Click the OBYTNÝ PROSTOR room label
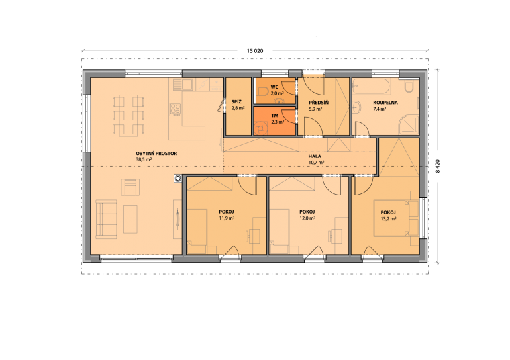tap(156, 154)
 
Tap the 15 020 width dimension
tap(255, 51)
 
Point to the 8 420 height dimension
tap(438, 166)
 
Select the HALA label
tap(315, 156)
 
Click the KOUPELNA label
tap(385, 103)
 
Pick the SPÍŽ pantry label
tap(237, 102)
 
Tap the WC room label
tap(274, 87)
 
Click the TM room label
tap(274, 116)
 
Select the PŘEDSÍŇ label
tap(319, 103)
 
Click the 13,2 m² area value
tap(388, 218)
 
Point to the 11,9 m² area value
tap(227, 218)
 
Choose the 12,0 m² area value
tap(307, 218)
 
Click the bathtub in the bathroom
tap(372, 87)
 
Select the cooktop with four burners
tap(176, 109)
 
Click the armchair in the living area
tap(130, 187)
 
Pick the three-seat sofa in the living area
tap(106, 219)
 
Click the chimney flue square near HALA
tap(178, 179)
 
